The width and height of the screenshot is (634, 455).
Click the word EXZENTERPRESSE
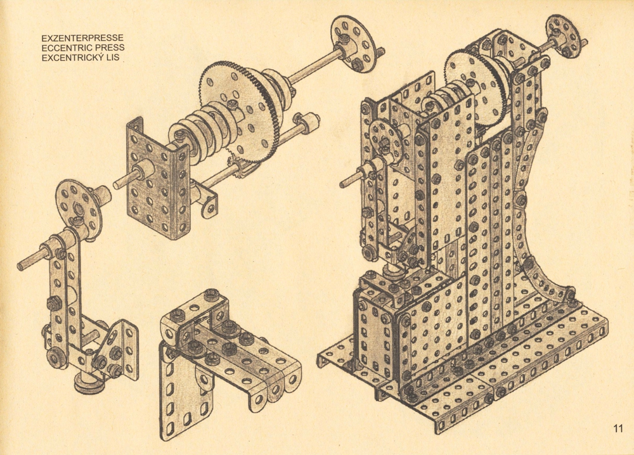point(82,38)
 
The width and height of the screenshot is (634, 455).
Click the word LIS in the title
point(113,58)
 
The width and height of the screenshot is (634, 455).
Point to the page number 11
point(618,429)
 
